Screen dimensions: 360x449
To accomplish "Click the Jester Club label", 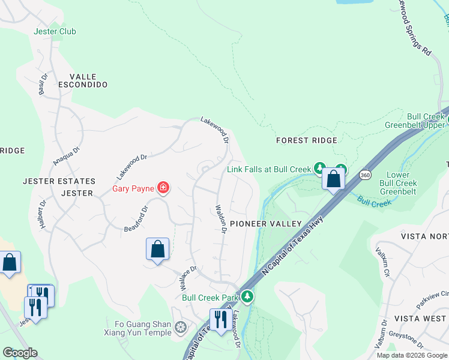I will (55, 31).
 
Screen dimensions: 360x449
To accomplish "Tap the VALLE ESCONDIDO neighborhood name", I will (88, 80).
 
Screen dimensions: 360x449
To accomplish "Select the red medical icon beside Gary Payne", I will (163, 188).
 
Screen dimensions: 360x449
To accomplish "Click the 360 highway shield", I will (365, 175).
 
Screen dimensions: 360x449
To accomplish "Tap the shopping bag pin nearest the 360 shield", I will (333, 178).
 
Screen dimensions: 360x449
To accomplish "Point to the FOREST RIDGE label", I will (306, 140).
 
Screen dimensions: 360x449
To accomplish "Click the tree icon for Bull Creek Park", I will (247, 296).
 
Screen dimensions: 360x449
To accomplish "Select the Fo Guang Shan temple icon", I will (181, 328).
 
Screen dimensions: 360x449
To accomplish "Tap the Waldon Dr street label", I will (220, 219).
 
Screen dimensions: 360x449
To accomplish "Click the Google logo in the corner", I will (19, 353).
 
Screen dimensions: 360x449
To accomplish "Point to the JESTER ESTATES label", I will (59, 181).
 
